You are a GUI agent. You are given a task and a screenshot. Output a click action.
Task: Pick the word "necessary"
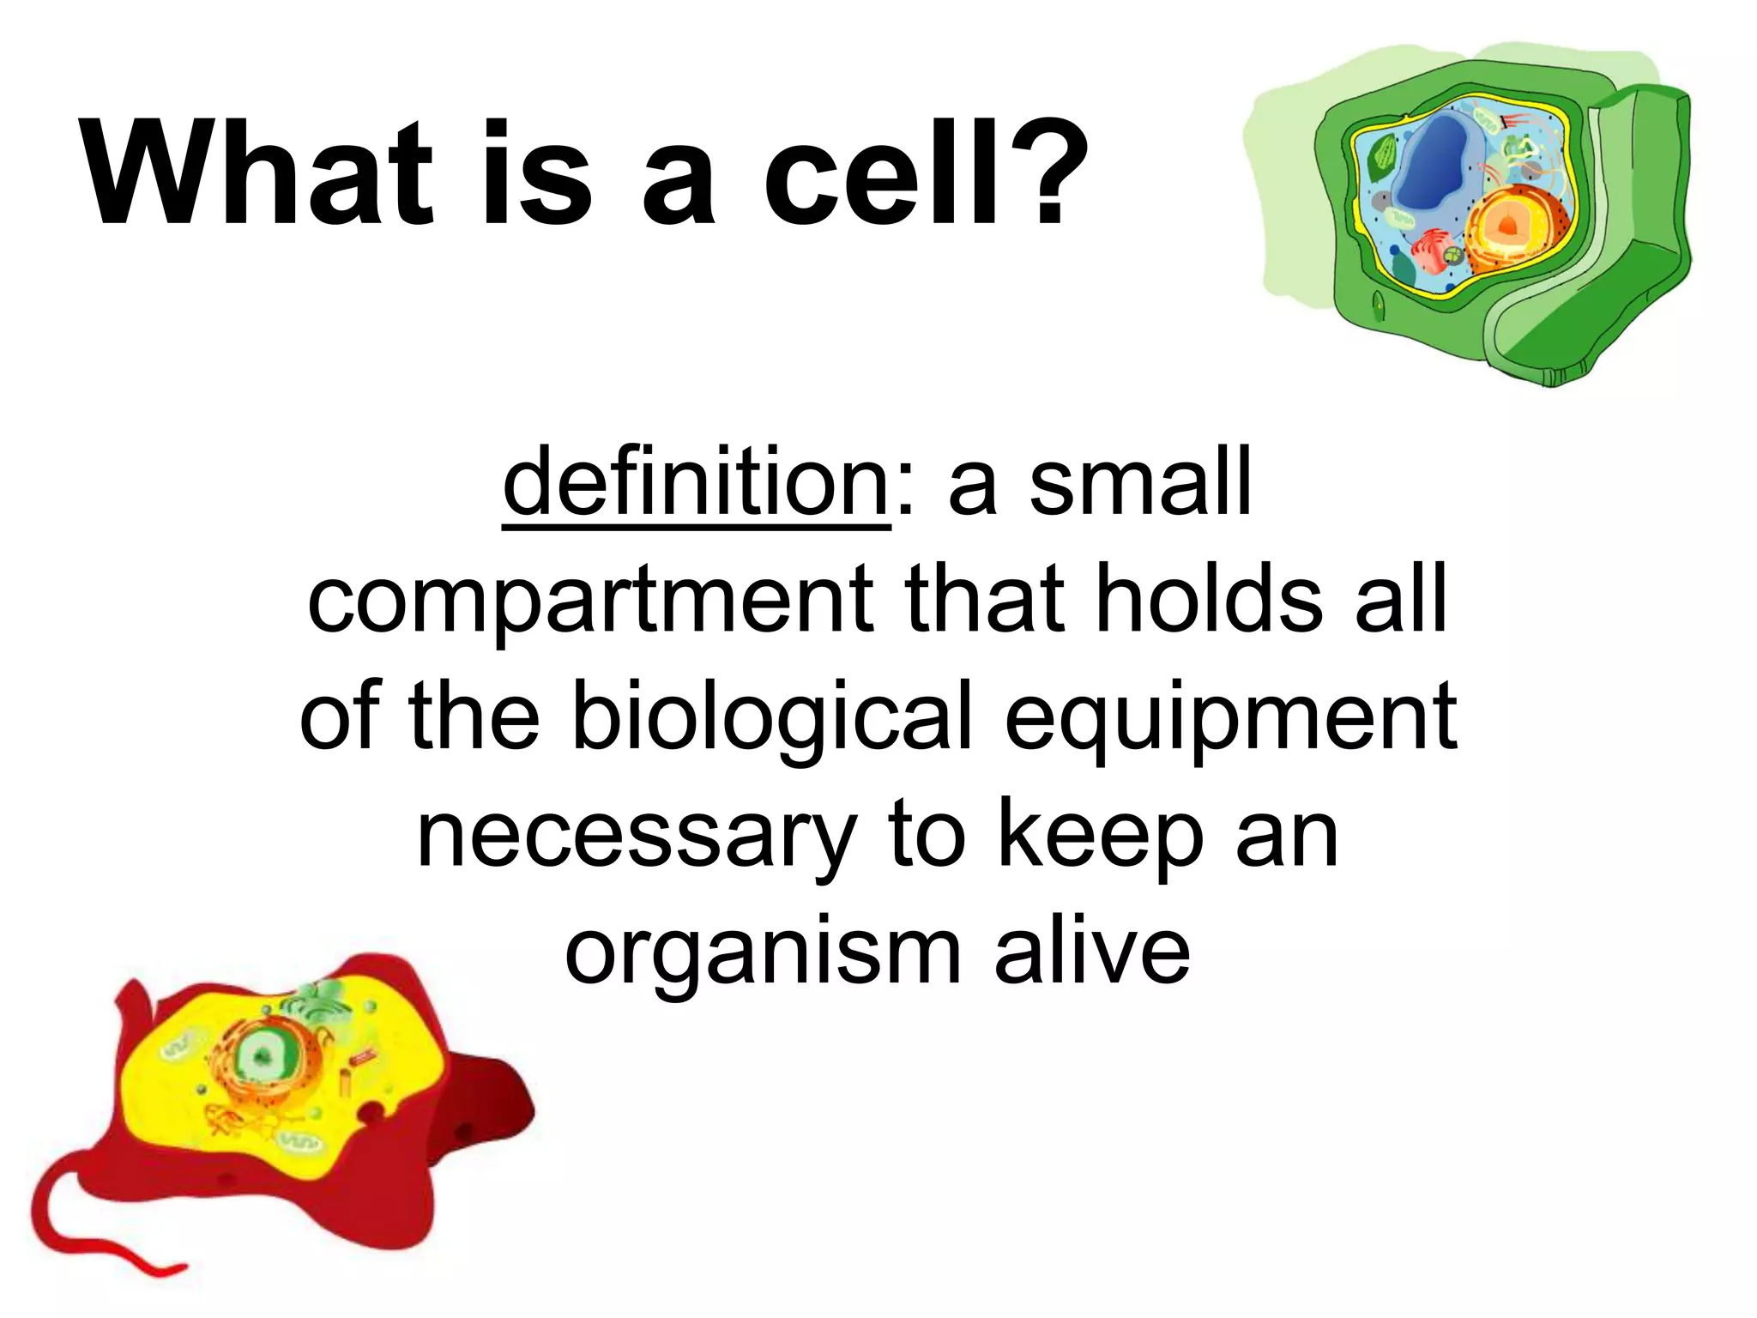click(x=636, y=837)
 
